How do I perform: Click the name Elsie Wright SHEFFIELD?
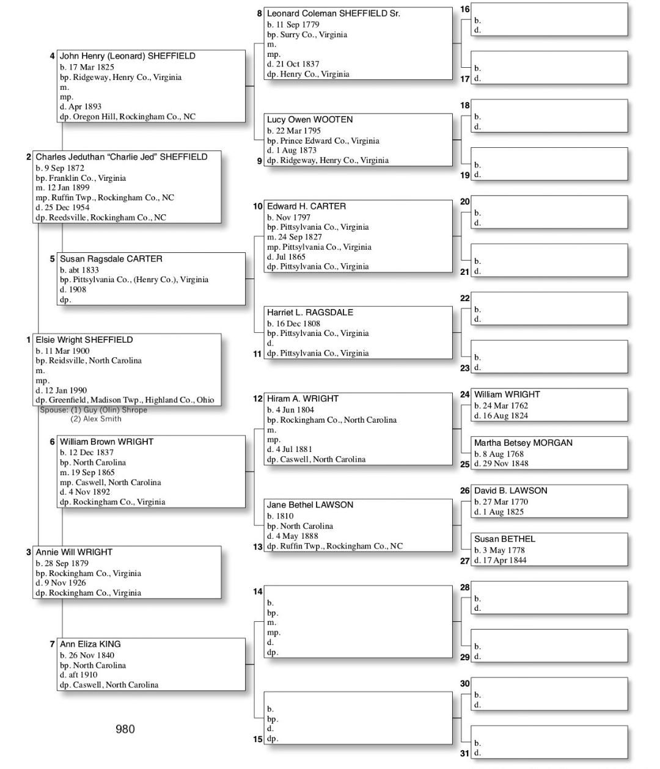point(84,340)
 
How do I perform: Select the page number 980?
point(125,729)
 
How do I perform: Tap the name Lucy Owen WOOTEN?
point(309,120)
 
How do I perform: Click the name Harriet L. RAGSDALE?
point(310,312)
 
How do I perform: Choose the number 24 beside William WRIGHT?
point(464,395)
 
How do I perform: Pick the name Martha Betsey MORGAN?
point(523,443)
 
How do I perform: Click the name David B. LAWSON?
point(510,490)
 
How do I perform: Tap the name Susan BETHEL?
point(504,539)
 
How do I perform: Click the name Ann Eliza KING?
point(90,644)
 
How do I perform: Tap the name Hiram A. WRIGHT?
point(302,398)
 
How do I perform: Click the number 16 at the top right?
point(464,10)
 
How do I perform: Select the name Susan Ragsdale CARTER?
point(111,259)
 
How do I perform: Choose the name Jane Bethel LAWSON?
point(310,505)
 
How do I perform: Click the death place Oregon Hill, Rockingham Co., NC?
point(134,117)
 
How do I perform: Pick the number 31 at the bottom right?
point(464,753)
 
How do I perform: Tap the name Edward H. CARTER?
point(306,206)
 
